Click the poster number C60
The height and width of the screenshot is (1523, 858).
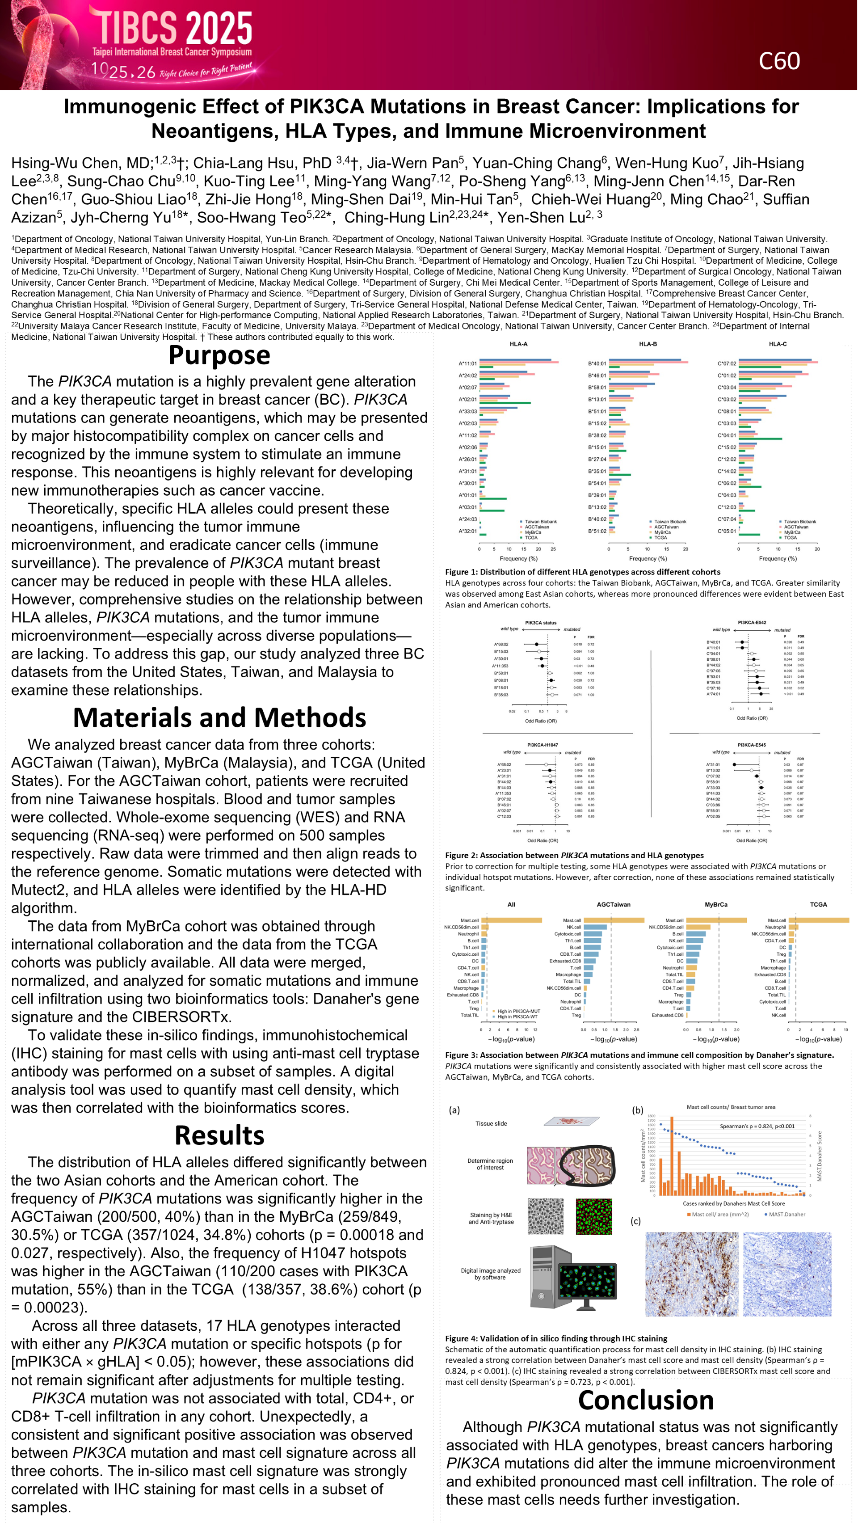point(779,61)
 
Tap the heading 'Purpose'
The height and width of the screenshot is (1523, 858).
point(219,355)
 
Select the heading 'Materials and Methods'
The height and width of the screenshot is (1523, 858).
point(219,717)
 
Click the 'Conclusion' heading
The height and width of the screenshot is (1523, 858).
point(646,1400)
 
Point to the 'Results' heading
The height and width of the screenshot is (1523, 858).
point(219,1135)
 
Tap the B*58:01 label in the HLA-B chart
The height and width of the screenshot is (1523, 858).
point(597,388)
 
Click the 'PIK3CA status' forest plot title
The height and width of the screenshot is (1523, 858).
point(541,623)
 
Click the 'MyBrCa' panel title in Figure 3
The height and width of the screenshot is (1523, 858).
point(715,905)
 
